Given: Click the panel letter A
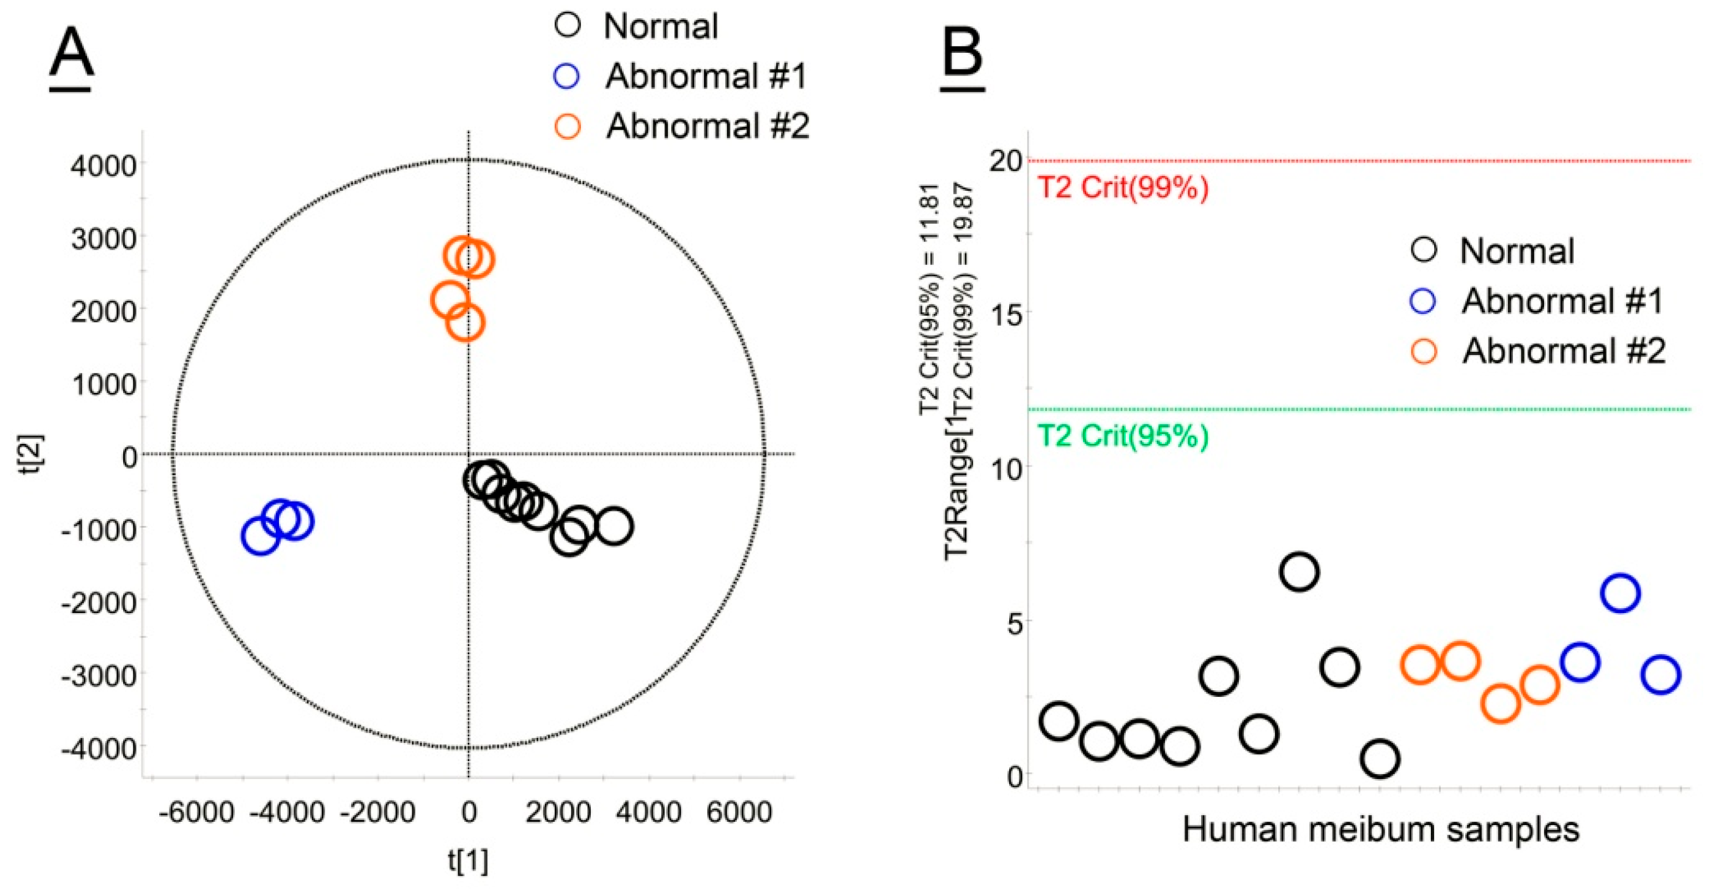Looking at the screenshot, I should coord(71,57).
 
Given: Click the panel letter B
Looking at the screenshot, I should coord(963,57).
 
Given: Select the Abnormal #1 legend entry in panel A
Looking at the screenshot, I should coord(705,77).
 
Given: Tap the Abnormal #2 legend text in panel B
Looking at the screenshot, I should coord(1563,351).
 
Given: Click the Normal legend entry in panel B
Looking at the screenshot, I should coord(1516,251).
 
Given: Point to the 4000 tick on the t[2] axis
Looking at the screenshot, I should coord(104,165).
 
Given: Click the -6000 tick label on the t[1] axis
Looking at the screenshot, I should coord(196,812).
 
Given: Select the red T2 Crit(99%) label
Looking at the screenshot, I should coord(1122,188).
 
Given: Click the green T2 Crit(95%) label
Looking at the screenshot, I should coord(1122,436).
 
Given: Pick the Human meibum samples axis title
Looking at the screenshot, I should coord(1381,830).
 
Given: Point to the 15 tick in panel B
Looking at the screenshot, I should coord(1006,313).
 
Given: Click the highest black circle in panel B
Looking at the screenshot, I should coord(1299,573).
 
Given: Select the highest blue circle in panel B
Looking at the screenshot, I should coord(1620,593).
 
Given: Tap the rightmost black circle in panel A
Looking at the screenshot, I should coord(614,527).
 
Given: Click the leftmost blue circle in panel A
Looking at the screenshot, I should coord(260,536).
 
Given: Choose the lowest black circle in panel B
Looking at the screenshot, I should coord(1380,758).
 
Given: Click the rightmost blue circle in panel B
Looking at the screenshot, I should coord(1661,675).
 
